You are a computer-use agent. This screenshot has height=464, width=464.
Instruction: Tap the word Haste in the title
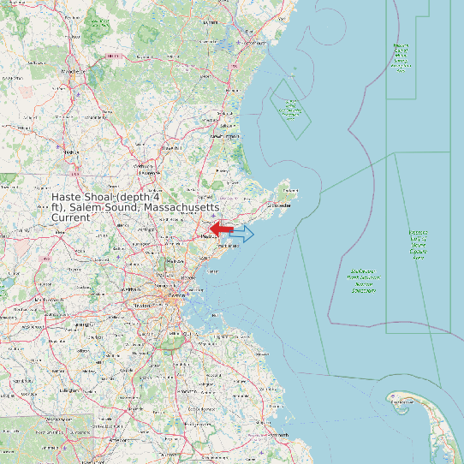tap(69, 198)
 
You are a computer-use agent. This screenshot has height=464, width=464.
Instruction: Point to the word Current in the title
tap(71, 218)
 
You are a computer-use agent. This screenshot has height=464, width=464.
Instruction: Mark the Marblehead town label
tap(226, 246)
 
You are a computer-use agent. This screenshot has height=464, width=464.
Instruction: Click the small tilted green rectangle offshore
tap(290, 109)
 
